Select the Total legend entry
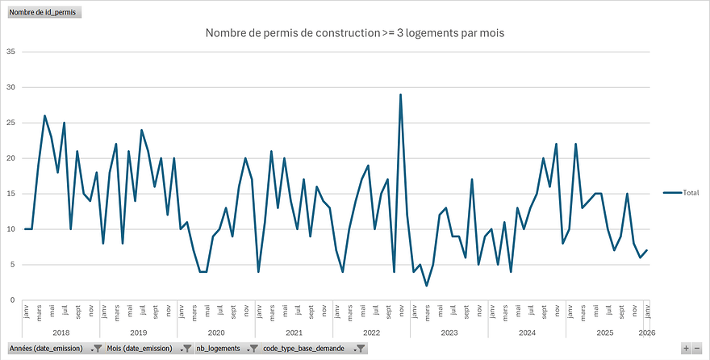coord(681,193)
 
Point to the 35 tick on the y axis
coord(10,52)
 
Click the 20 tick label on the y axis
coord(10,158)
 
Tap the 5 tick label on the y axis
coord(12,265)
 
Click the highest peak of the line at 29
coord(400,94)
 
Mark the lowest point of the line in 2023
coord(426,286)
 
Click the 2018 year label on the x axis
coord(61,332)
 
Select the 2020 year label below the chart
coord(216,332)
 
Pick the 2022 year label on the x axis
coord(371,332)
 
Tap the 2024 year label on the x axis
coord(527,332)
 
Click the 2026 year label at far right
coord(645,332)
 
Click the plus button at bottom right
coord(686,349)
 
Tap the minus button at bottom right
coord(697,349)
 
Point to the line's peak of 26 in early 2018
coord(45,115)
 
